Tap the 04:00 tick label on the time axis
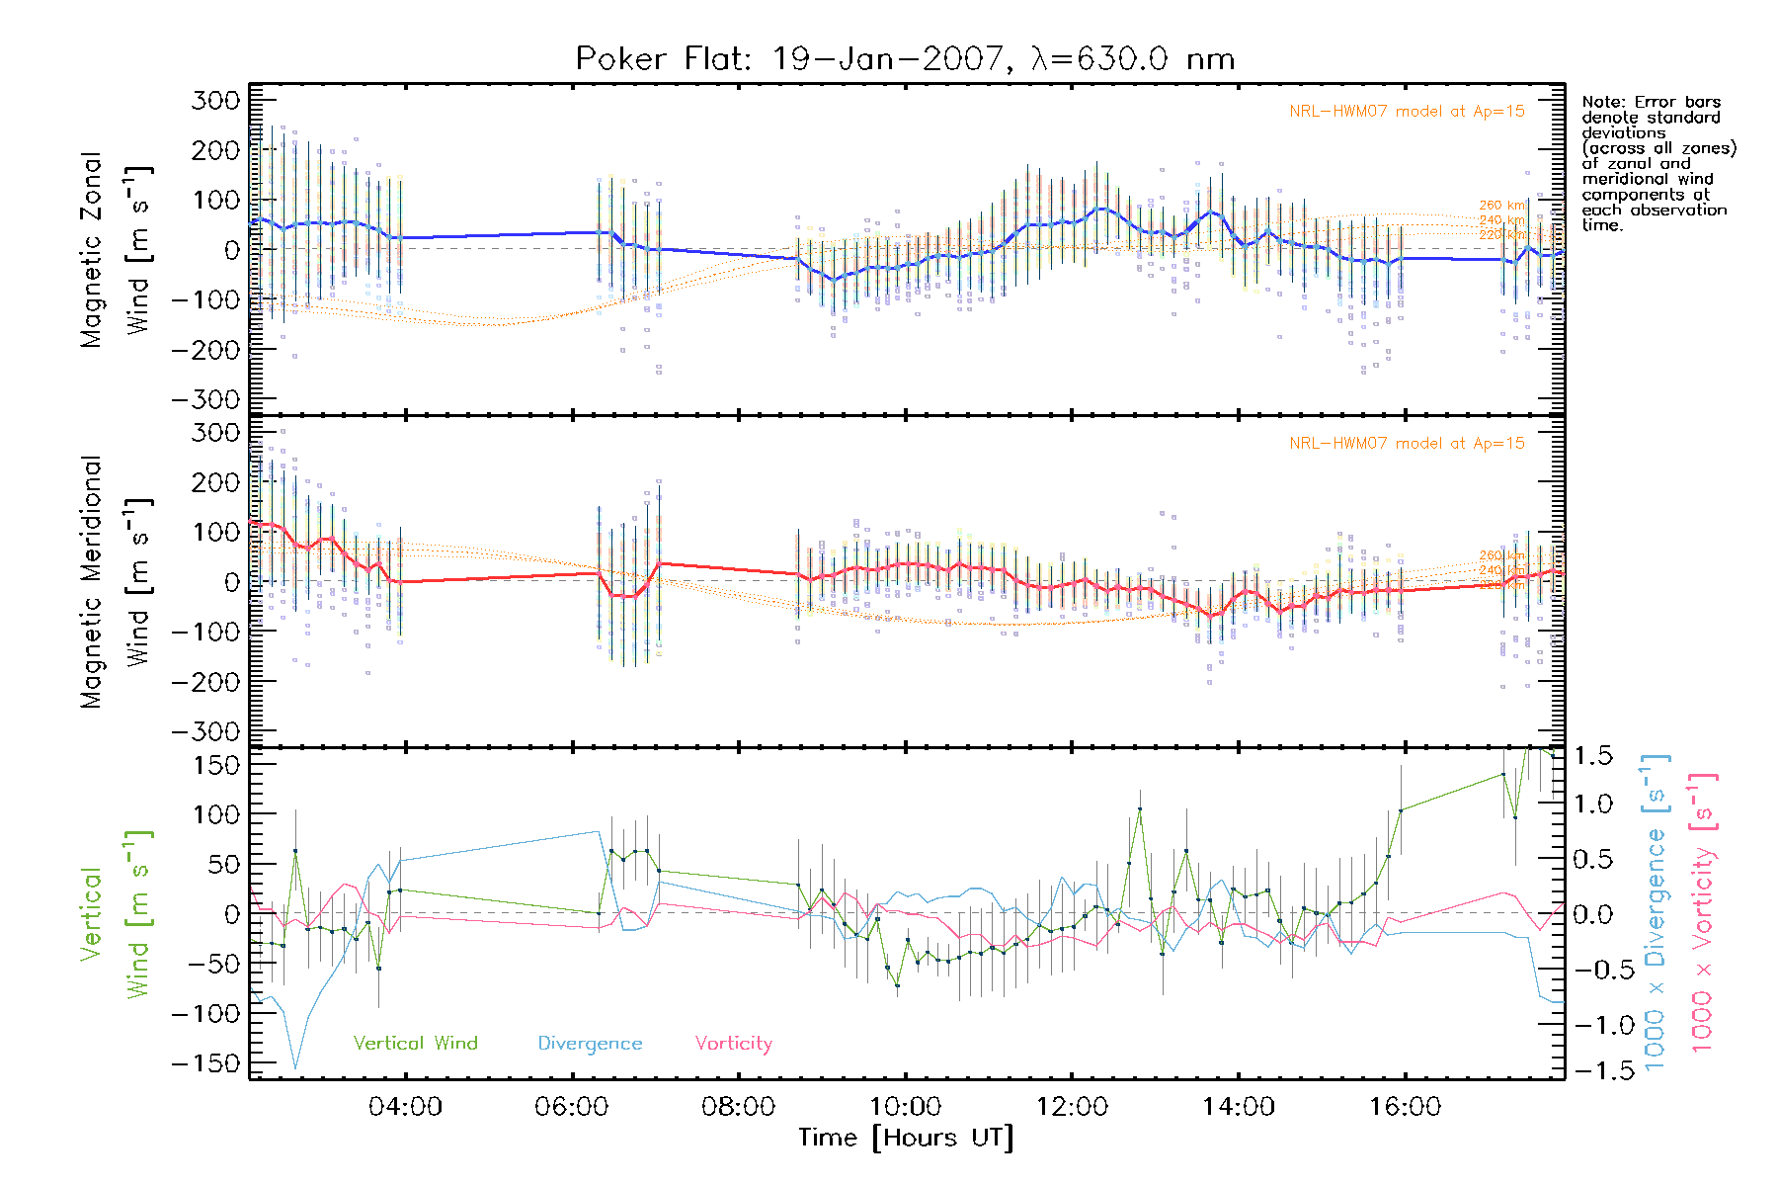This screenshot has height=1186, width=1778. pos(405,1107)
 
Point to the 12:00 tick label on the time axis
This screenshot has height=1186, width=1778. pos(1072,1107)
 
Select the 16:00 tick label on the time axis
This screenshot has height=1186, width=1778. pos(1405,1107)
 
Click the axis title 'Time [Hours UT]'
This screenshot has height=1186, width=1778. pos(905,1138)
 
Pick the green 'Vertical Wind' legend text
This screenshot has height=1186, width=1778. pos(415,1044)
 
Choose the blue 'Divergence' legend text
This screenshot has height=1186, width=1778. pos(590,1044)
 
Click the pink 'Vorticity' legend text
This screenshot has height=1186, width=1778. pos(733,1044)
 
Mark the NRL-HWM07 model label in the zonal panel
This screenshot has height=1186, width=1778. pos(1407,112)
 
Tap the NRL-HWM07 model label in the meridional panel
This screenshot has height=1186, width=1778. pos(1407,444)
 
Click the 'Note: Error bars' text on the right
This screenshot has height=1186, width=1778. pos(1652,102)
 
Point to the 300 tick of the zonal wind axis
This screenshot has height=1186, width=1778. pos(215,100)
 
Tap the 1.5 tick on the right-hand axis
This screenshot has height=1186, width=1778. pos(1592,756)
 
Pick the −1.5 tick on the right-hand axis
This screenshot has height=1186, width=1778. pos(1592,1070)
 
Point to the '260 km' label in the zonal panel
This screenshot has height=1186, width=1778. pos(1501,206)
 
